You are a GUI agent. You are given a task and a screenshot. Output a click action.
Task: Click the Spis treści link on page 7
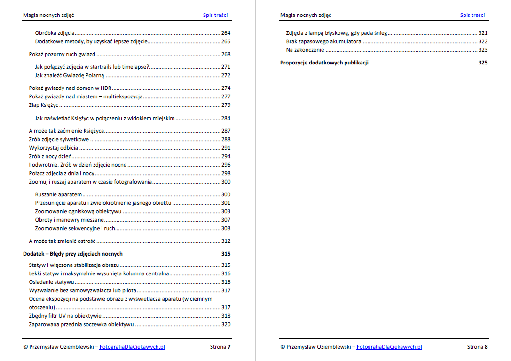tap(215, 15)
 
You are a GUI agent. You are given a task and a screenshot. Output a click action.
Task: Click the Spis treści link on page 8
tap(472, 15)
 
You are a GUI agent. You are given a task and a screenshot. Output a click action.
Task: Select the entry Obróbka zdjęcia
tap(55, 33)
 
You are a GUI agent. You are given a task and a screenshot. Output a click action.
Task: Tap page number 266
tap(226, 42)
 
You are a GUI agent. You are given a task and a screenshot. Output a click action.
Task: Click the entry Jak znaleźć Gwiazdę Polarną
tap(70, 75)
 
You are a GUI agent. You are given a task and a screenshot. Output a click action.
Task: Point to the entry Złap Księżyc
tap(43, 105)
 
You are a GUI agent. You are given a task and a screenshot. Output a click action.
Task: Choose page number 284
tap(226, 118)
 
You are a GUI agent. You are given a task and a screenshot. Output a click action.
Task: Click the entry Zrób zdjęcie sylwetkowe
tap(59, 139)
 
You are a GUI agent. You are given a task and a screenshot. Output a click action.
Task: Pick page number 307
tap(226, 220)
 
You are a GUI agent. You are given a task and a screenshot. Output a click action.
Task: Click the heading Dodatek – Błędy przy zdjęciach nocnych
tap(73, 254)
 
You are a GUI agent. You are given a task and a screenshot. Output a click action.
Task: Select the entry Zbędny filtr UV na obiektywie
tap(65, 316)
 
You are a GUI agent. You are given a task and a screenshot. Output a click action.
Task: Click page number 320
tap(226, 324)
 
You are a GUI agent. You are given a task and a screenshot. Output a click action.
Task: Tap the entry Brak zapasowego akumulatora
tap(323, 41)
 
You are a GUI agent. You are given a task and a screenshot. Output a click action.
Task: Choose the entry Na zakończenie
tap(305, 50)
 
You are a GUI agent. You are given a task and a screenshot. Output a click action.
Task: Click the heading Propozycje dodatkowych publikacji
tap(324, 63)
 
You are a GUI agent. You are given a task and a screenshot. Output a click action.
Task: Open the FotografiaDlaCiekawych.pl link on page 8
tap(389, 347)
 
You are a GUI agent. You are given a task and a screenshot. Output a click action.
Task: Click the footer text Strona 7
tap(220, 347)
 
